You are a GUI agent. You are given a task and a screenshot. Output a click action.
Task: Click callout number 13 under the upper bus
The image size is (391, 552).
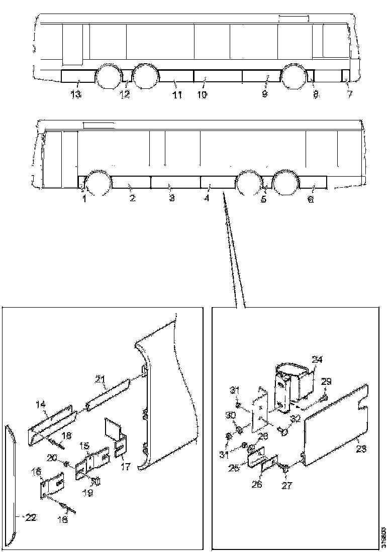point(76,95)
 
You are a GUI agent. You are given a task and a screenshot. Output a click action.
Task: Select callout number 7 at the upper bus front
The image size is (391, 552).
point(350,95)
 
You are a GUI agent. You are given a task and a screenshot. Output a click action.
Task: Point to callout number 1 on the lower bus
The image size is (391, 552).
point(84,199)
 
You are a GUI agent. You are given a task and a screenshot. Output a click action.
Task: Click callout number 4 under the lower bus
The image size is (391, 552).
point(206,199)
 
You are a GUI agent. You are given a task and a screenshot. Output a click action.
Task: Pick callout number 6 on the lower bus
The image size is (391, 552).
point(310,199)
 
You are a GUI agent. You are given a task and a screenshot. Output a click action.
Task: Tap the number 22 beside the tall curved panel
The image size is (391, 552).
point(31,518)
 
